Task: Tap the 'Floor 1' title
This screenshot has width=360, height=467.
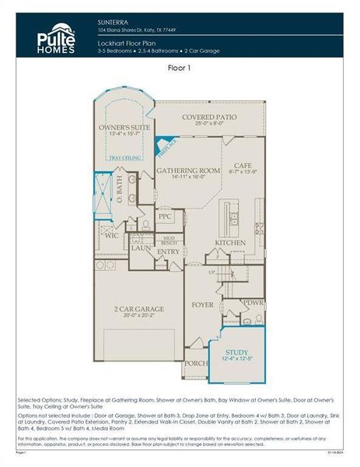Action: [180, 68]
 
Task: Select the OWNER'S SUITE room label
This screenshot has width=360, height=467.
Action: [124, 126]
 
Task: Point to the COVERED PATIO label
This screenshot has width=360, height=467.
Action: [208, 117]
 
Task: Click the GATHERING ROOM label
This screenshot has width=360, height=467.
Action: [188, 170]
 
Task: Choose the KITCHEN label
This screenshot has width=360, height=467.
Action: [230, 243]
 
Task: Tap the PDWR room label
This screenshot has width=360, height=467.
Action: [253, 302]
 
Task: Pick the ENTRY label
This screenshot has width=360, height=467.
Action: [168, 251]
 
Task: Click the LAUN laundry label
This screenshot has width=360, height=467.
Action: [141, 248]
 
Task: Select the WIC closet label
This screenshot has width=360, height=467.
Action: [112, 234]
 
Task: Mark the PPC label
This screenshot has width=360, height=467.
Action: [165, 217]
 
